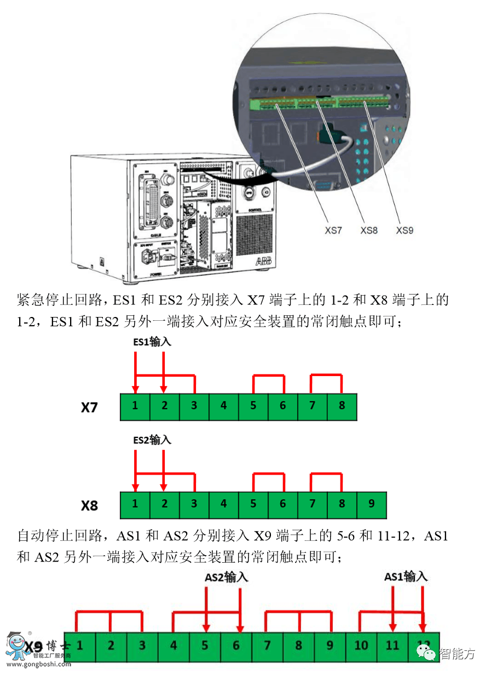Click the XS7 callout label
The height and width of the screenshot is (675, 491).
333,230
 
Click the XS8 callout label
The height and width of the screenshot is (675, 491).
369,230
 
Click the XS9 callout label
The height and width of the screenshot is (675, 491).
405,230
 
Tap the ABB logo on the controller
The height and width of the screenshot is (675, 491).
263,263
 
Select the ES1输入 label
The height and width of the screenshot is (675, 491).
153,342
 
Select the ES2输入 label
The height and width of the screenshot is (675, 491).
153,440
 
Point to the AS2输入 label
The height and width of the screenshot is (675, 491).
227,577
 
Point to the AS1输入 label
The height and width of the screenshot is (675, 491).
406,576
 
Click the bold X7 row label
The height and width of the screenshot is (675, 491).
89,408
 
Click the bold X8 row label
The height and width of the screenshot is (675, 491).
89,506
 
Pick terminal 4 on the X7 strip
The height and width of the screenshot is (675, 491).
223,407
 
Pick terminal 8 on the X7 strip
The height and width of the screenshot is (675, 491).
342,407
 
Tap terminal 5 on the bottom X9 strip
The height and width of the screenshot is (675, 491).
205,646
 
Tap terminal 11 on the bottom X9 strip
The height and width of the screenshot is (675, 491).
392,646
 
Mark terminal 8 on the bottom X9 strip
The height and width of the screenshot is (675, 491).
298,646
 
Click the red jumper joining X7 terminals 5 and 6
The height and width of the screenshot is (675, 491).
268,376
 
